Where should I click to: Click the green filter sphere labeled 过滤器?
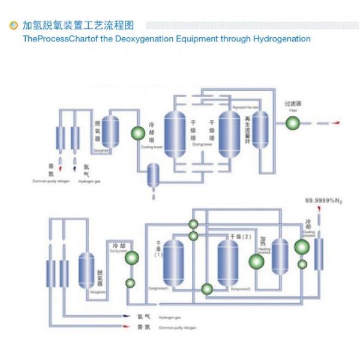click(x=292, y=122)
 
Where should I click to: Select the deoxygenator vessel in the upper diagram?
click(x=110, y=131)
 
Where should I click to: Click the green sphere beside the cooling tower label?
click(x=137, y=133)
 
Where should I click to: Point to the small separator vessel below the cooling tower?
click(x=154, y=175)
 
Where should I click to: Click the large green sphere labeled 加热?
click(x=257, y=262)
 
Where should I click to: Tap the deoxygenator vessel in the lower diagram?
click(x=86, y=270)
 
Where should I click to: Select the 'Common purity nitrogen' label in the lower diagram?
click(x=178, y=328)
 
